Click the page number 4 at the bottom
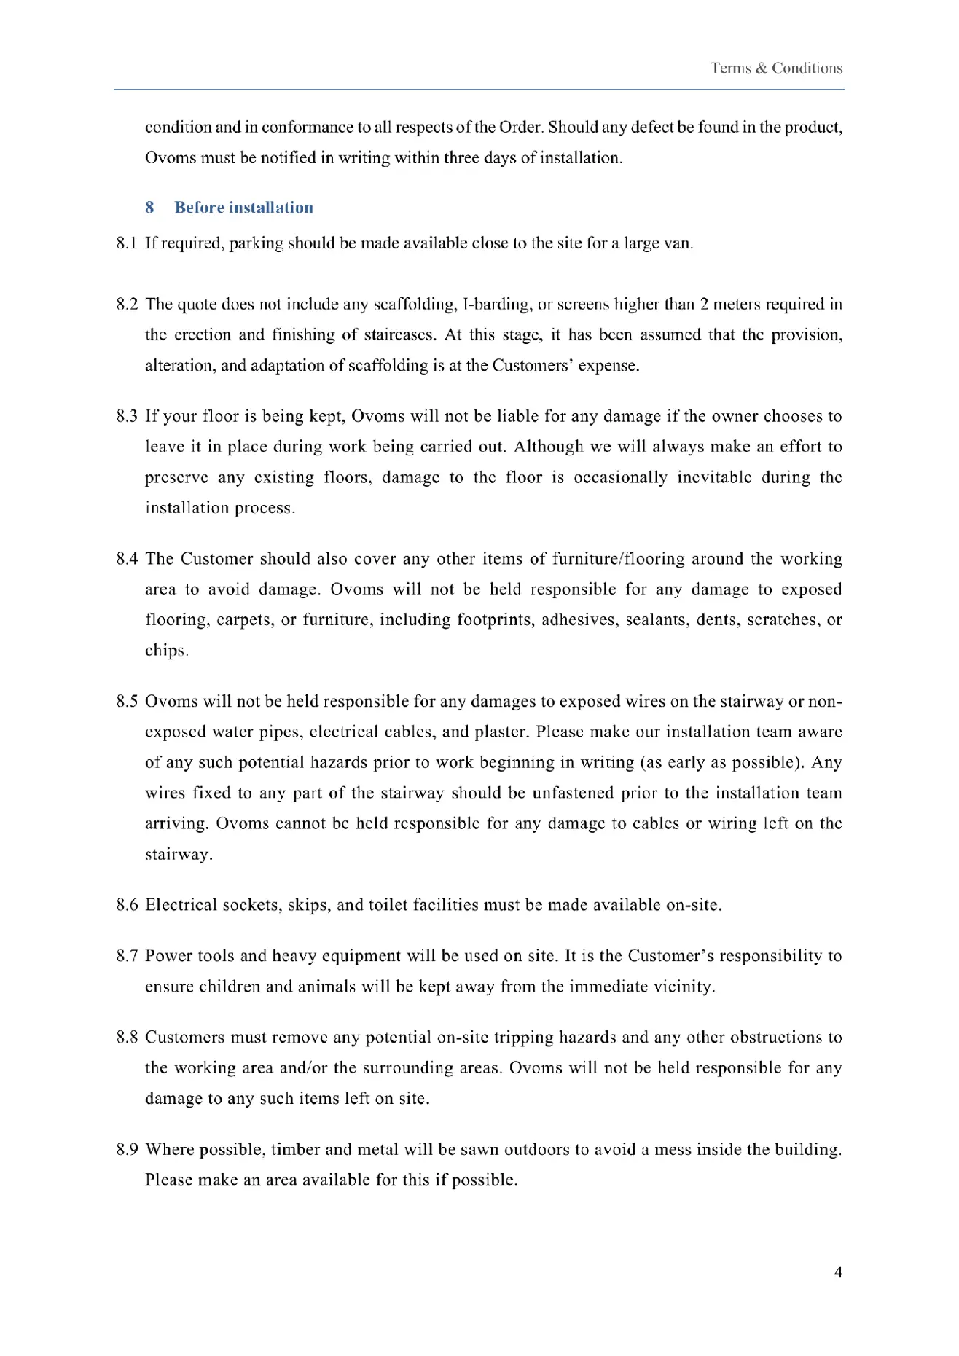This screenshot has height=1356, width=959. (838, 1272)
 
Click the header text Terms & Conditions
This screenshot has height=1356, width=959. (777, 68)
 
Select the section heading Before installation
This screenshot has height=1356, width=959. (243, 208)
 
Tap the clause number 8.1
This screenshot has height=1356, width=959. (126, 243)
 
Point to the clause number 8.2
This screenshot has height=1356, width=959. (126, 305)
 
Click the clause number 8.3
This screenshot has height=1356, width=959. (126, 417)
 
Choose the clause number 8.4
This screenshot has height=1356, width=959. (126, 559)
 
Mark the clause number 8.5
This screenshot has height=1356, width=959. (126, 702)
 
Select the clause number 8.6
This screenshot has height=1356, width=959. (126, 905)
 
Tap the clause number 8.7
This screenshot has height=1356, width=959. (126, 956)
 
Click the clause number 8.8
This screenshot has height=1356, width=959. (126, 1038)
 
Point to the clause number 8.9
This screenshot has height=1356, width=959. (126, 1150)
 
